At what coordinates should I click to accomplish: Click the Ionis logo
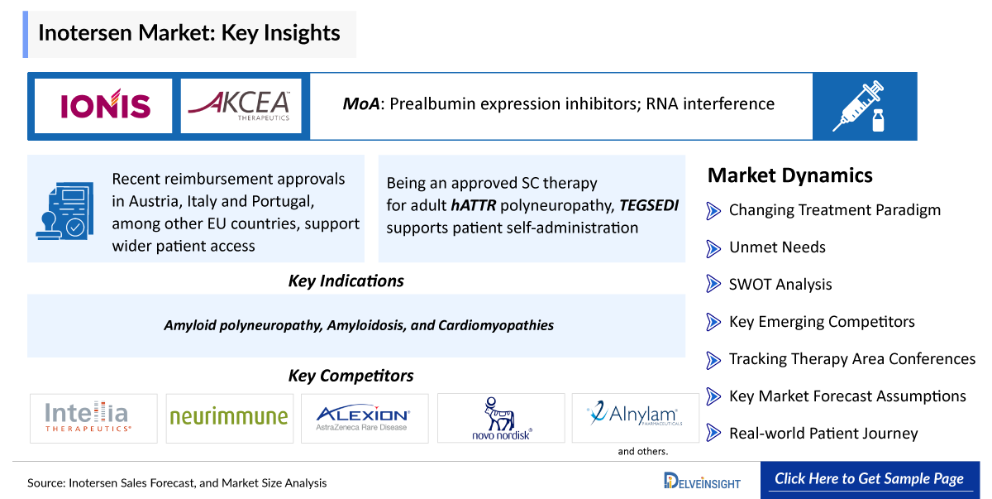pos(106,104)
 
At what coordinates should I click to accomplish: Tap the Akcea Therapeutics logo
pos(240,106)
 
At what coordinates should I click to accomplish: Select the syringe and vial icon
pos(859,106)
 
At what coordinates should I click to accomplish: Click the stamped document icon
pos(65,211)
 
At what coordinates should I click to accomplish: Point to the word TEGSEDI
pos(649,205)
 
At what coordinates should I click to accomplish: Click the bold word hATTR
pos(474,205)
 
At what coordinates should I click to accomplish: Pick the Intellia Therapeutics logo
pos(87,416)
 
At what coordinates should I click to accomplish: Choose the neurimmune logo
pos(229,416)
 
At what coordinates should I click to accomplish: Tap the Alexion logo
pos(363,417)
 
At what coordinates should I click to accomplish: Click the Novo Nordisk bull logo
pos(501,419)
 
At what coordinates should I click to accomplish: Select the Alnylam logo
pos(635,414)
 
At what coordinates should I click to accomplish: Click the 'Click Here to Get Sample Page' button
pos(870,479)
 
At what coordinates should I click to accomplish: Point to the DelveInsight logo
pos(702,481)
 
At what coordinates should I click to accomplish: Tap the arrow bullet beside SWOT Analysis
pos(713,284)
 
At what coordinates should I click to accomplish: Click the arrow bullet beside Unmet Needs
pos(713,248)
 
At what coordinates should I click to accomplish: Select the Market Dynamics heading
pos(790,175)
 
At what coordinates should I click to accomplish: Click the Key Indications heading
pos(346,281)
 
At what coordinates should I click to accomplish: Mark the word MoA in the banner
pos(361,103)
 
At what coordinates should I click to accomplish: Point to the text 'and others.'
pos(642,451)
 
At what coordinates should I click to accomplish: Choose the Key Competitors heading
pos(351,376)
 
